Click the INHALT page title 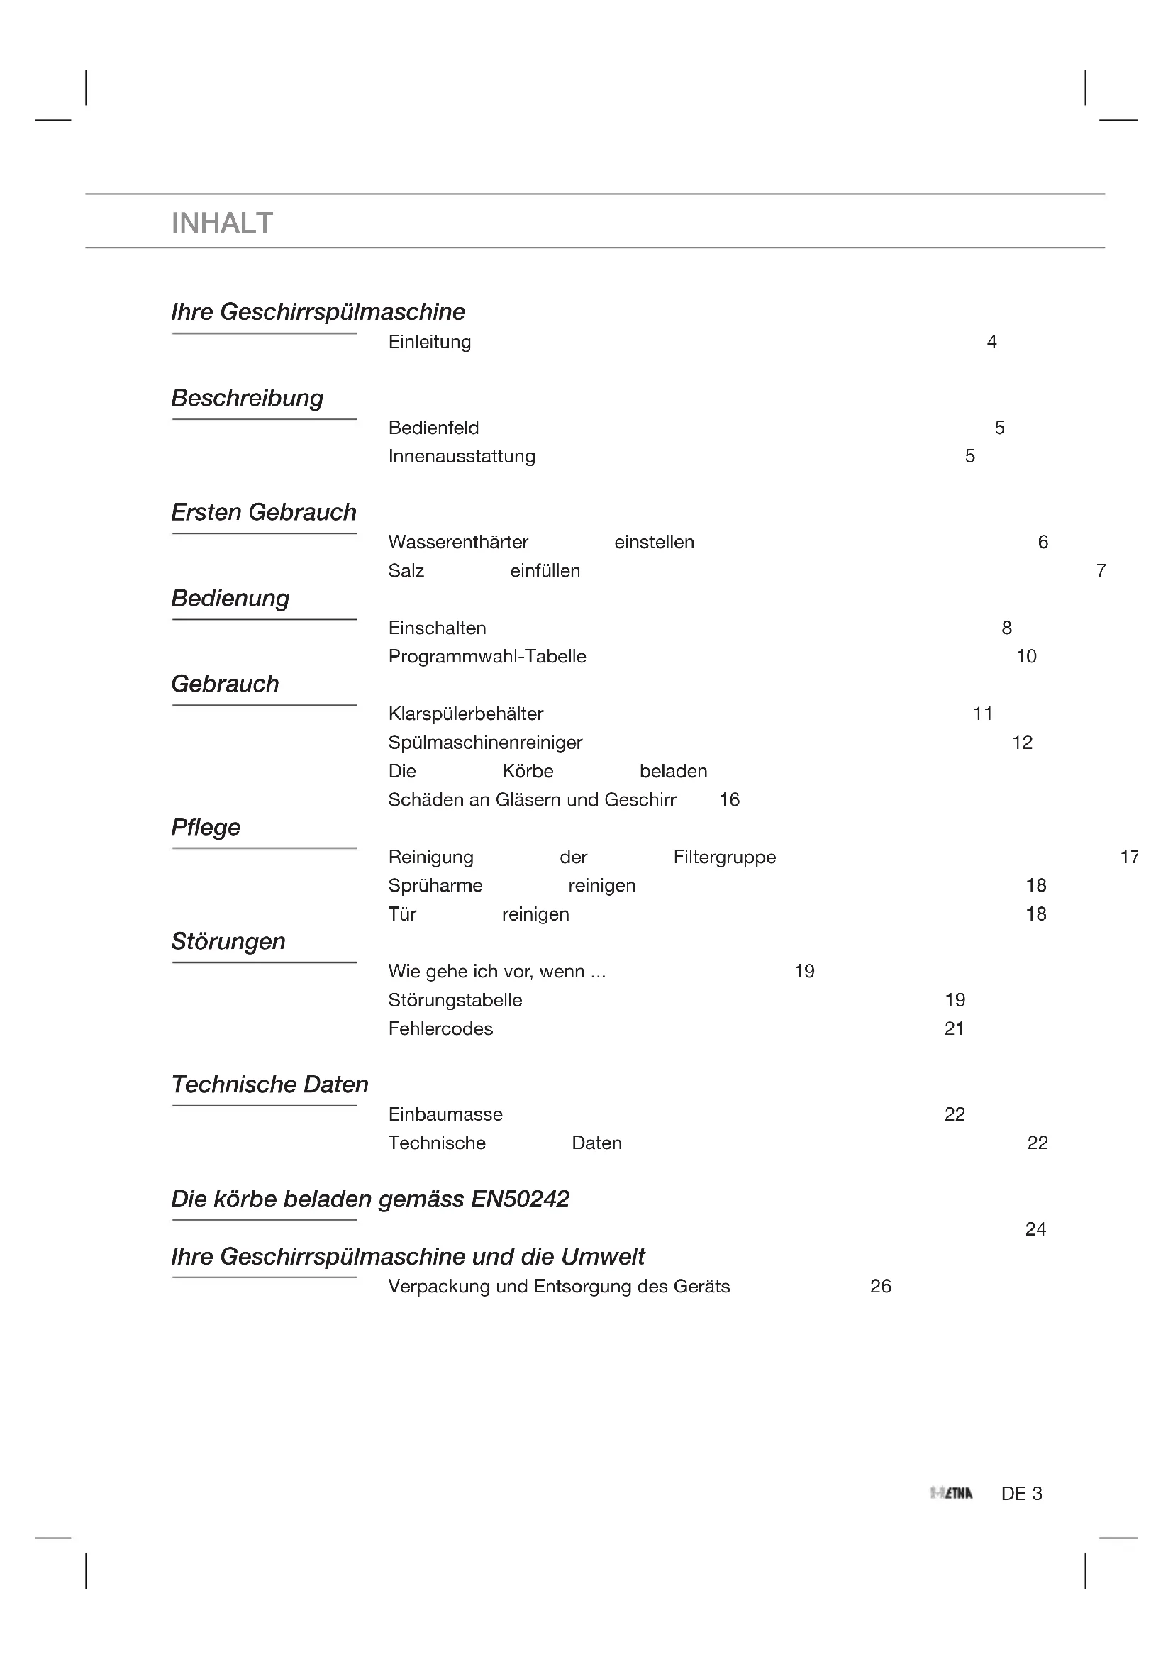[222, 223]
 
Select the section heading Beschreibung [247, 398]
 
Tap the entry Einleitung [429, 342]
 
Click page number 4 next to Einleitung [991, 342]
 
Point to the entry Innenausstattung [462, 456]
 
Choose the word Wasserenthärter [458, 542]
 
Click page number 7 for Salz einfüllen [1100, 571]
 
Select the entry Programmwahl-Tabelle [487, 656]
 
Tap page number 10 [1025, 656]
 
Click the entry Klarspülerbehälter [465, 714]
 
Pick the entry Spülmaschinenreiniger [484, 742]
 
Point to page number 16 [729, 799]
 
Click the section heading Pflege [205, 826]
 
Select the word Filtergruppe [725, 857]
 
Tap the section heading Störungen [228, 941]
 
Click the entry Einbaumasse [445, 1114]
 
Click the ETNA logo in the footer [952, 1494]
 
